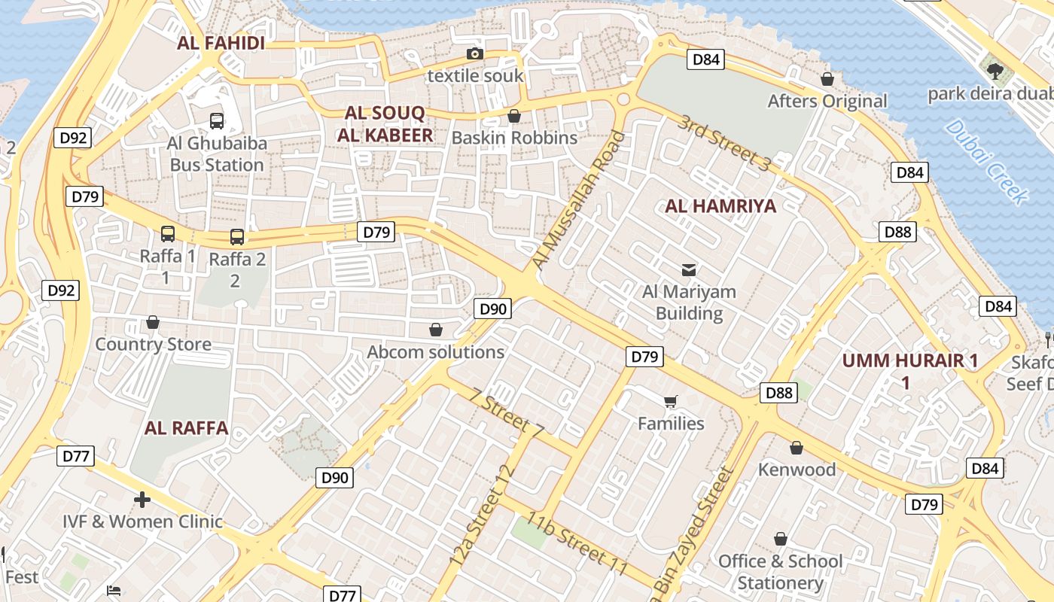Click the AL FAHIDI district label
tap(221, 43)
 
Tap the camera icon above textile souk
tap(474, 53)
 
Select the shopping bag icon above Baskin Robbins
tap(514, 116)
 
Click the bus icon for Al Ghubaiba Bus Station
tap(217, 120)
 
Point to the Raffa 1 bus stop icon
tap(167, 234)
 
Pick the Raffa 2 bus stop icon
tap(236, 237)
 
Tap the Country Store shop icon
tap(153, 323)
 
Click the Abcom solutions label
tap(435, 352)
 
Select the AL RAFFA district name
tap(186, 428)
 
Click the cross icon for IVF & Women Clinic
tap(142, 499)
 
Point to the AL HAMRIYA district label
tap(720, 206)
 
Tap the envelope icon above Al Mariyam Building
tap(688, 269)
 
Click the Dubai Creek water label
tap(985, 162)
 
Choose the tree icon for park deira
tap(995, 71)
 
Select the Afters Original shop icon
tap(827, 79)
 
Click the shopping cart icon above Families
tap(670, 402)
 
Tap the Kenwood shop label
tap(797, 470)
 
